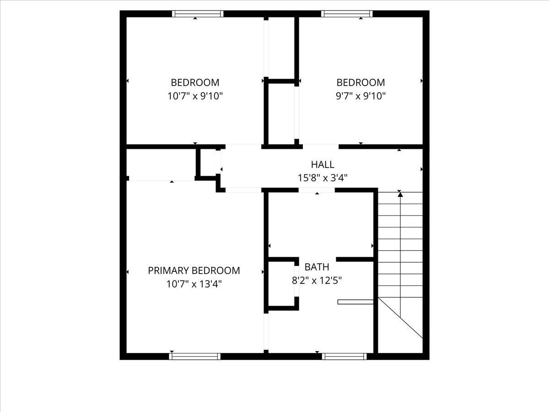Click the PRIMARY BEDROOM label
tap(194, 271)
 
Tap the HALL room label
tap(323, 164)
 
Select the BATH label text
tap(317, 267)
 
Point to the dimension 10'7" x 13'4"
tap(194, 284)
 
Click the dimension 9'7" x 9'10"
tap(361, 96)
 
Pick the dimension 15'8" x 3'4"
tap(323, 178)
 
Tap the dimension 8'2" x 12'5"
tap(317, 280)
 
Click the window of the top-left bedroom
tap(198, 14)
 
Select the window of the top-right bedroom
tap(347, 14)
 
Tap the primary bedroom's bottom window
tap(195, 356)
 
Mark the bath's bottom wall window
tap(344, 356)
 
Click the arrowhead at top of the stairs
tap(400, 195)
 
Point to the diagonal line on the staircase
tap(401, 318)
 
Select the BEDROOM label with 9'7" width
tap(361, 83)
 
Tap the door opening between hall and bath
tap(317, 190)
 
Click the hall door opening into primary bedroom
tap(243, 190)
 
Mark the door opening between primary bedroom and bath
tap(266, 332)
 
